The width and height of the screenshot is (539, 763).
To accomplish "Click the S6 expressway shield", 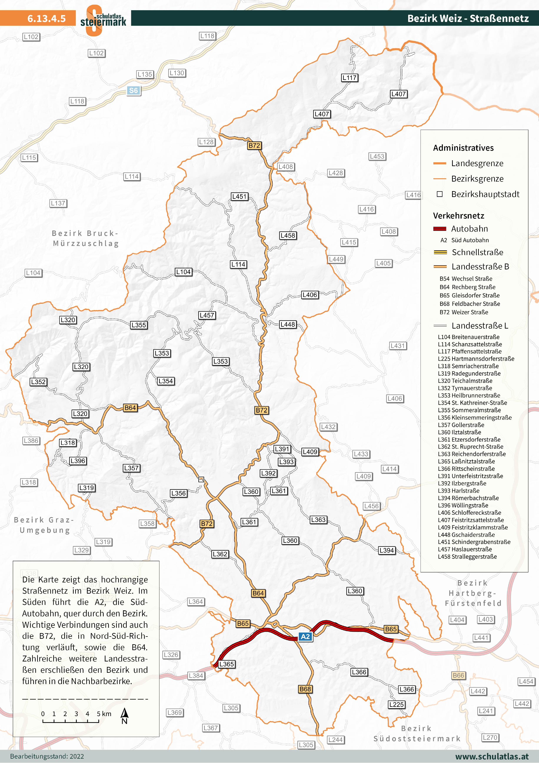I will [x=133, y=90].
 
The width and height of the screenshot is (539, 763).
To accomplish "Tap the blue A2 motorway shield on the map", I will [x=305, y=636].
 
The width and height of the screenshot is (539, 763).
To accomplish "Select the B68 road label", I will [x=305, y=689].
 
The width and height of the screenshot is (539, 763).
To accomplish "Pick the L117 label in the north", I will [x=350, y=78].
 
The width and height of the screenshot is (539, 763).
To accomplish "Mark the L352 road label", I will [x=38, y=382].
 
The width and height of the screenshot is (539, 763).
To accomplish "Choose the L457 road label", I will [x=207, y=315].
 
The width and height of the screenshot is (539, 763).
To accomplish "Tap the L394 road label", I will [x=387, y=550].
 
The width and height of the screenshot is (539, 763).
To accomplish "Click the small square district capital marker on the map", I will [x=201, y=479].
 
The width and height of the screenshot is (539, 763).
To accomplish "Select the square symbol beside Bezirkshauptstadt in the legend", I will [x=440, y=194].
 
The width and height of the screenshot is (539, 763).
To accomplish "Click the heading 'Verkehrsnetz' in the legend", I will [x=458, y=216].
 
